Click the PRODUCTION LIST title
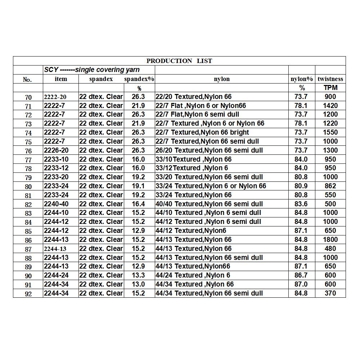(x=179, y=61)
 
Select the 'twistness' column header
(x=330, y=79)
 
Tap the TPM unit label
(x=330, y=88)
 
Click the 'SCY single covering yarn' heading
(x=92, y=70)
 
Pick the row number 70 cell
(x=28, y=97)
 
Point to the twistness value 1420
(x=330, y=105)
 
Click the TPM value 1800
(x=330, y=239)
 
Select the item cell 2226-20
(x=56, y=150)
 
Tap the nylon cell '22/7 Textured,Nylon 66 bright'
(x=202, y=132)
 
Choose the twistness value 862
(x=330, y=186)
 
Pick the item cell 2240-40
(x=56, y=204)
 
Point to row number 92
(x=28, y=294)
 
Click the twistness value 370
(x=330, y=293)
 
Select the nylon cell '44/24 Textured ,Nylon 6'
(x=193, y=275)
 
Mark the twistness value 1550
(x=330, y=132)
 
